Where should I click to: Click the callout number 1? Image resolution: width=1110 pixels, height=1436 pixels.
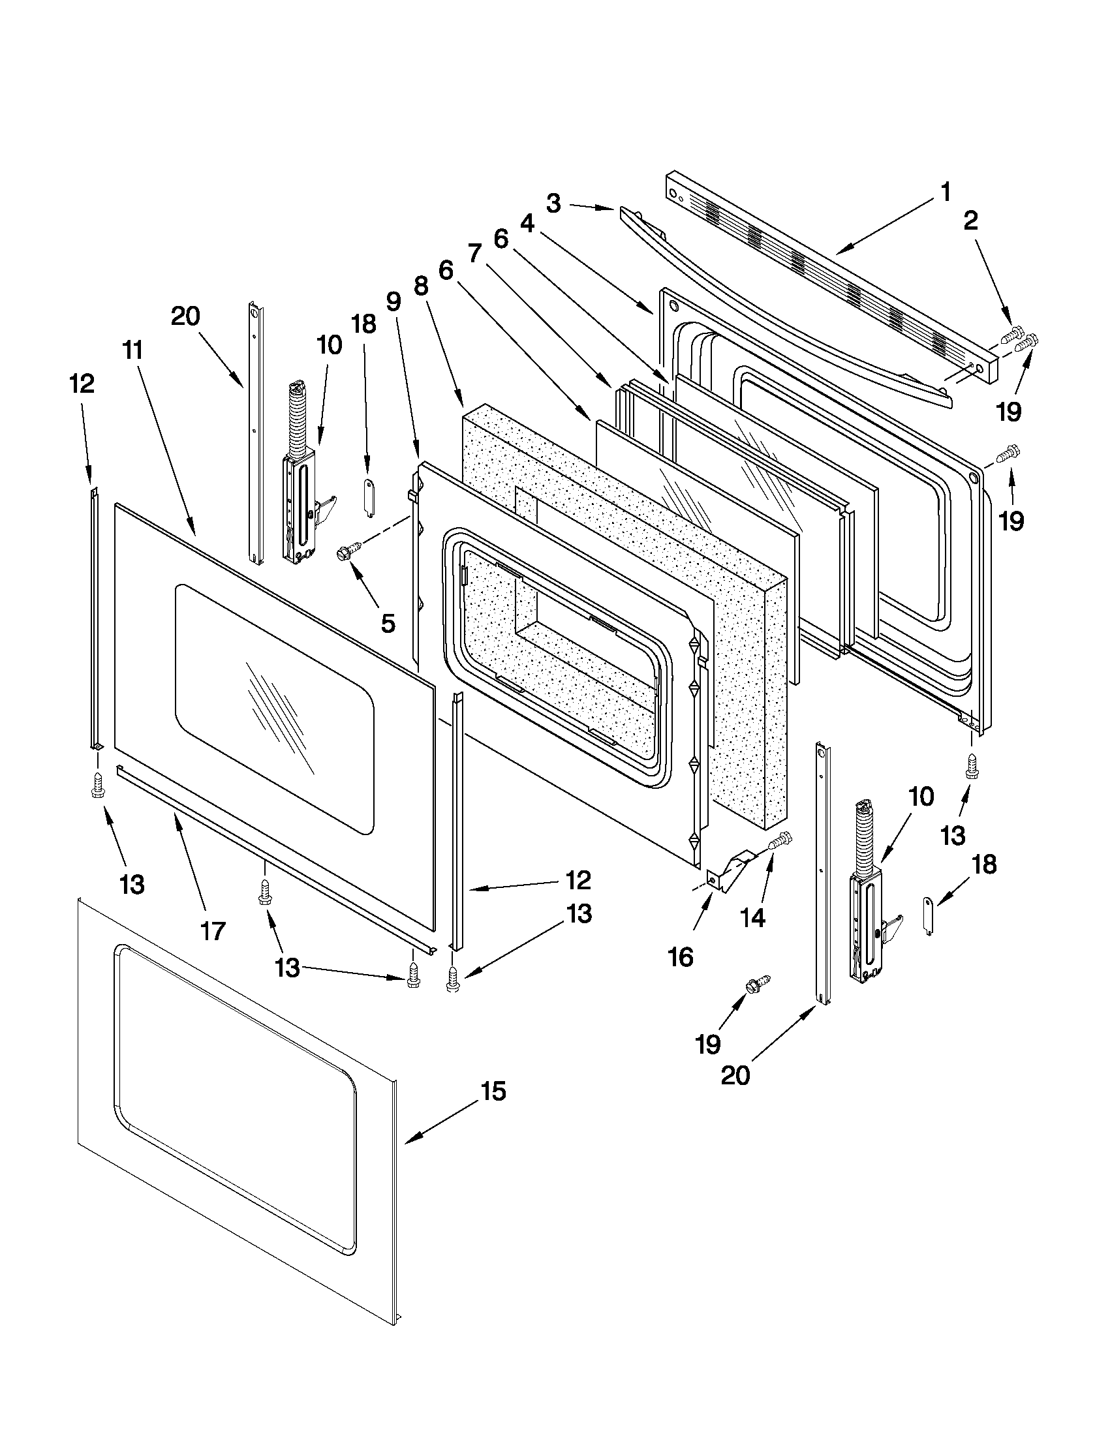945,192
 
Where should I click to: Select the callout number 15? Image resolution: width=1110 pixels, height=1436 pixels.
493,1092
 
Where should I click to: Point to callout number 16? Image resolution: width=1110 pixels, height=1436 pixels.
681,957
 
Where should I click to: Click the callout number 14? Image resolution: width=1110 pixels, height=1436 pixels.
753,918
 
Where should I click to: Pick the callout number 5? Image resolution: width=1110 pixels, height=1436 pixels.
388,622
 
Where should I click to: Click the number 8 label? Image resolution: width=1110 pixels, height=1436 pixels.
421,286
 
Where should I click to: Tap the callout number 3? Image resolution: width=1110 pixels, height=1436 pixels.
553,203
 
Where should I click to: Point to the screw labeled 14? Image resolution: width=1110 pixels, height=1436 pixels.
780,840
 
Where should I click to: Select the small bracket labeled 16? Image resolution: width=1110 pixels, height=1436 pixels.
731,866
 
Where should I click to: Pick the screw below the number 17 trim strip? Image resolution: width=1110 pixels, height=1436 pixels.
265,893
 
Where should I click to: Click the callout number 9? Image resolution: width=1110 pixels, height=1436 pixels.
393,301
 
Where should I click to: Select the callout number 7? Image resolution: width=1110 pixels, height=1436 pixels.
475,253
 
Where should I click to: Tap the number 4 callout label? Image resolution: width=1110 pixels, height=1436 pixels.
527,224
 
